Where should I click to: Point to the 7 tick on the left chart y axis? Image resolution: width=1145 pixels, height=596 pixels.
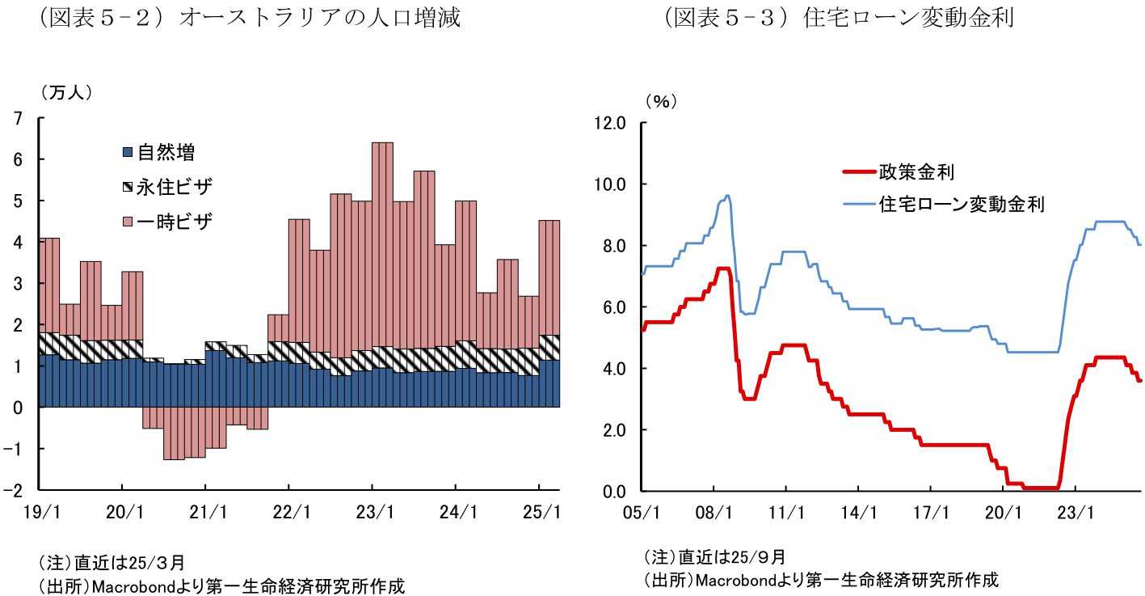pyautogui.click(x=17, y=119)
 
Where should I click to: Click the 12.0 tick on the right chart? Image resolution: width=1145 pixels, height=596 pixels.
pyautogui.click(x=610, y=123)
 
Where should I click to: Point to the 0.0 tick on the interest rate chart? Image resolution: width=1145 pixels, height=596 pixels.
pyautogui.click(x=613, y=492)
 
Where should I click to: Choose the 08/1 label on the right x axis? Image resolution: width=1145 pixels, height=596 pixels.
pyautogui.click(x=714, y=512)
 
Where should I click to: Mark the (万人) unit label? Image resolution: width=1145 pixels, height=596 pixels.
pyautogui.click(x=65, y=93)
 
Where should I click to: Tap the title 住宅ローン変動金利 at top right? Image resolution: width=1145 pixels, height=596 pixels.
pyautogui.click(x=908, y=18)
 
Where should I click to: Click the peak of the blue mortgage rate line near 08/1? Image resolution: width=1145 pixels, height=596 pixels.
pyautogui.click(x=727, y=195)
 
